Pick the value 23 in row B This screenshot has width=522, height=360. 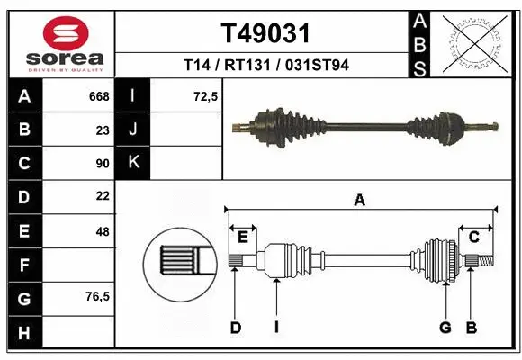(x=102, y=130)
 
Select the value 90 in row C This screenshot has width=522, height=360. (x=102, y=163)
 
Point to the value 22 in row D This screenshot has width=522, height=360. (x=102, y=196)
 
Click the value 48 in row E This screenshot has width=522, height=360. (x=102, y=230)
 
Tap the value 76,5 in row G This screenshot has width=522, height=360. (x=96, y=296)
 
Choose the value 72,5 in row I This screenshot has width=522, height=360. (x=206, y=96)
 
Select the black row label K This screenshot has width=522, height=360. (x=132, y=163)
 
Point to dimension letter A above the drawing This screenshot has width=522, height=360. (x=359, y=201)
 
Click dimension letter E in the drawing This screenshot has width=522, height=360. (x=243, y=237)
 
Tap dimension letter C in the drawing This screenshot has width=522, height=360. (x=473, y=237)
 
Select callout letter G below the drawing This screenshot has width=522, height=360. (x=445, y=328)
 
